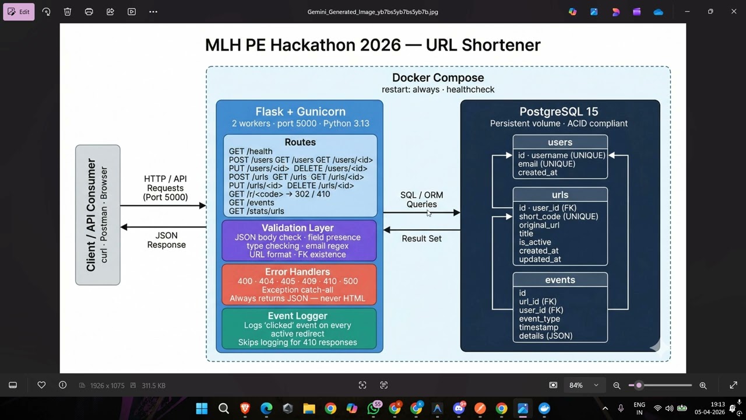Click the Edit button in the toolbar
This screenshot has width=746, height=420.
(19, 12)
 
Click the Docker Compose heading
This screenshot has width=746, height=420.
(438, 78)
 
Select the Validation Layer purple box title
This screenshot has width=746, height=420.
(298, 228)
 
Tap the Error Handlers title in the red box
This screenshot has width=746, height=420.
(297, 272)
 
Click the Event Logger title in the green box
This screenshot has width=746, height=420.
(297, 316)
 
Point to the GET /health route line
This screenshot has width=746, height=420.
(251, 151)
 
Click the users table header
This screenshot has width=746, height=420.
(560, 142)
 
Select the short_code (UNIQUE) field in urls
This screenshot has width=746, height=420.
(558, 216)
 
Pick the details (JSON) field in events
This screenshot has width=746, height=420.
(546, 336)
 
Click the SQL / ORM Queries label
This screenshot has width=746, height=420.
(421, 199)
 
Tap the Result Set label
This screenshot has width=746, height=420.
(421, 239)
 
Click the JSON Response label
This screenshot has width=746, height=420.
(167, 240)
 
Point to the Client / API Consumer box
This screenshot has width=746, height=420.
(97, 215)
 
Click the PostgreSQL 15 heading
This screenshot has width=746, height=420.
(559, 111)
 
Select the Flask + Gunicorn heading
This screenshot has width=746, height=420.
(300, 111)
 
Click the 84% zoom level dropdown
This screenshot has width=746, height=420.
(583, 386)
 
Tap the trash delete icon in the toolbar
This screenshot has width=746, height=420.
(68, 12)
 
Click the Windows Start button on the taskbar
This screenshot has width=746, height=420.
(202, 408)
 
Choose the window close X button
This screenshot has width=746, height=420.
(733, 12)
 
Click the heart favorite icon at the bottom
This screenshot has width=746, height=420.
(41, 385)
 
